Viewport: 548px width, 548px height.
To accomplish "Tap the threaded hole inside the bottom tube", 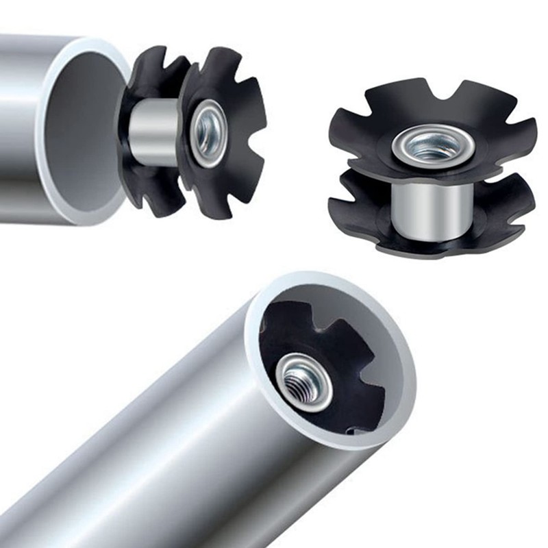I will coord(303,381).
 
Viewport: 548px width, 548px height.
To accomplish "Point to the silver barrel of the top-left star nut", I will coord(154,132).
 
